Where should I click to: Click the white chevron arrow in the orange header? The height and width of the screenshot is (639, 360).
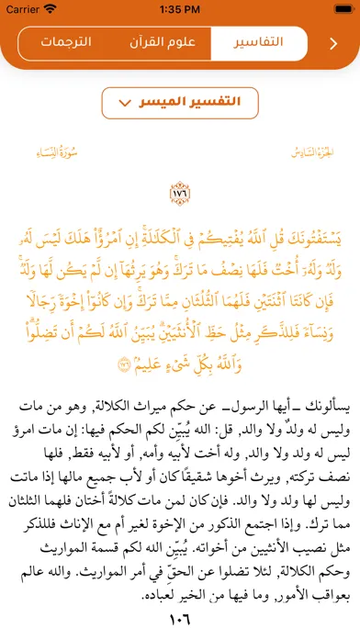[x=332, y=43]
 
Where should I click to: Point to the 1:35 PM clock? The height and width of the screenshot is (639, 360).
[x=180, y=10]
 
